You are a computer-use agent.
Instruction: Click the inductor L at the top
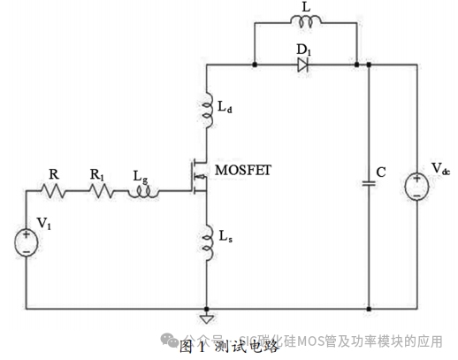click(x=307, y=21)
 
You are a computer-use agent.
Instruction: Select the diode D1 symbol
click(x=304, y=65)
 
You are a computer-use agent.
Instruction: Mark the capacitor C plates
click(x=368, y=183)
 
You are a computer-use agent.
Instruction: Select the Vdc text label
click(x=440, y=169)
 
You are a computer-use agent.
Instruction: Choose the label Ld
click(x=226, y=109)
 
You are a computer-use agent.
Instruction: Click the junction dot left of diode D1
click(x=255, y=65)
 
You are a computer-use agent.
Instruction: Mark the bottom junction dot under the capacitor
click(x=368, y=308)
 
